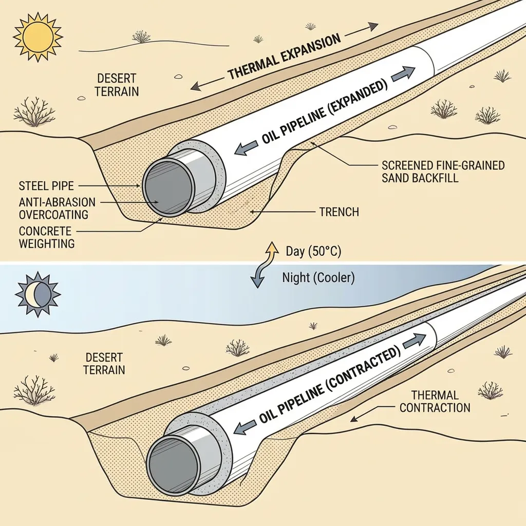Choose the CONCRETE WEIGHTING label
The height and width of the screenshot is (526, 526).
[46, 237]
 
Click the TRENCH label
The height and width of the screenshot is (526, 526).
[339, 211]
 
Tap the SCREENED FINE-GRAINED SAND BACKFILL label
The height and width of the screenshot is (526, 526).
[443, 172]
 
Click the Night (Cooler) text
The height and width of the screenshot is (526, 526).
[318, 278]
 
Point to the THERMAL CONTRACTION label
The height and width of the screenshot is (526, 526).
[435, 402]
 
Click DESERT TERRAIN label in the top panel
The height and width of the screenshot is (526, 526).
[117, 85]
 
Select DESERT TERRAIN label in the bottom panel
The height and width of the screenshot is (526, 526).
[105, 363]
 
